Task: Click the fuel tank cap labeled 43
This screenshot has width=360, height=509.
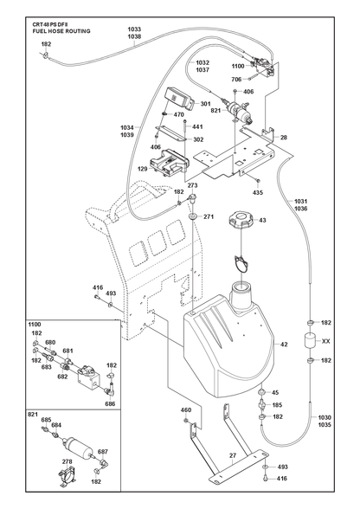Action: [241, 220]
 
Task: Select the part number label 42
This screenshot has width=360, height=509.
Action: [284, 345]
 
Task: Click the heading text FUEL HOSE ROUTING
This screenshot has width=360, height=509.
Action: [61, 31]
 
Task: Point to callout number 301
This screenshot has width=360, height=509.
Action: [205, 104]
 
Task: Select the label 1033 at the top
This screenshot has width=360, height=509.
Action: [134, 29]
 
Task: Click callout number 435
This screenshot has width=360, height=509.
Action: [258, 193]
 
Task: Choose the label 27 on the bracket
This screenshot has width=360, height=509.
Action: [233, 455]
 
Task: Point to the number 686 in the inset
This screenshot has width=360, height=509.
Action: [111, 404]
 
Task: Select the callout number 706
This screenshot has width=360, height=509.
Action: [236, 80]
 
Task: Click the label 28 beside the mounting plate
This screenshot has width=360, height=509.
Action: [284, 138]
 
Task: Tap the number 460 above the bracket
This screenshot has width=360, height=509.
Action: [186, 410]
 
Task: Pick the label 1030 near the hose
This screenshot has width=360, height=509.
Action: [325, 418]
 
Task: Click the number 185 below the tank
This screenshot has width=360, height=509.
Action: [278, 405]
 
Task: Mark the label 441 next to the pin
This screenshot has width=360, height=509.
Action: [197, 126]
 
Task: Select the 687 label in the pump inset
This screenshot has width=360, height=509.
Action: [103, 452]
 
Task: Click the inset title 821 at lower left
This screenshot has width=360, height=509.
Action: [33, 415]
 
